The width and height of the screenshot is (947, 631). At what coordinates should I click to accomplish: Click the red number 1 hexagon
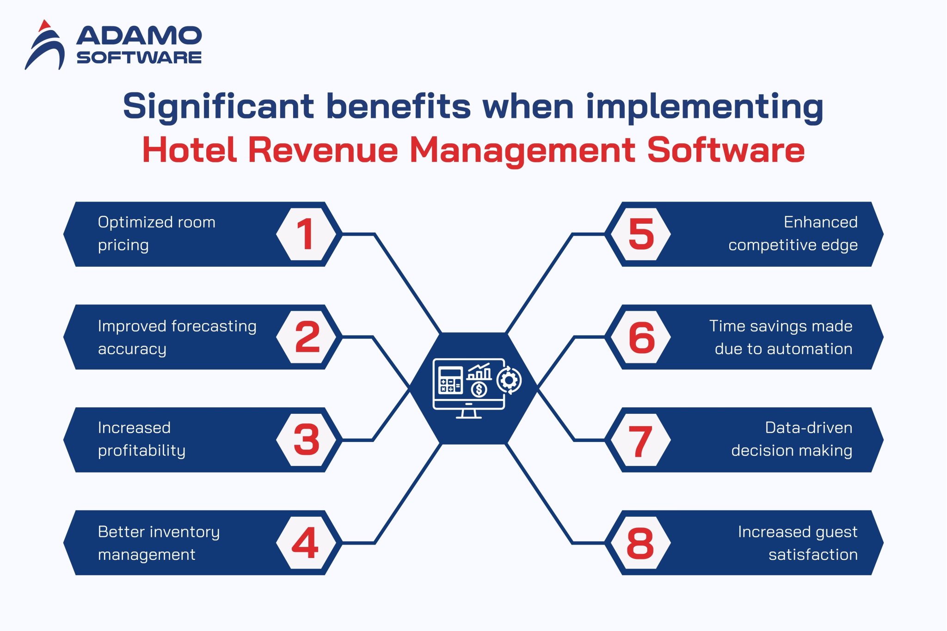pos(306,234)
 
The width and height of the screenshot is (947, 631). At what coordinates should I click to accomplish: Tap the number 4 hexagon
pos(306,543)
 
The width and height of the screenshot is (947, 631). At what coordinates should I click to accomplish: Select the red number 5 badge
pos(641,234)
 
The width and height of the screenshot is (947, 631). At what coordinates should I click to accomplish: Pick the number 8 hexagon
pos(641,543)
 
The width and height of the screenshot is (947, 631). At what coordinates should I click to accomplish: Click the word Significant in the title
pos(218,106)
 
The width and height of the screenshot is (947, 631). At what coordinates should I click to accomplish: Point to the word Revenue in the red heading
pos(323,150)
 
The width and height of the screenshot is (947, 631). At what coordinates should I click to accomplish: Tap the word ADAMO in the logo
pos(139,36)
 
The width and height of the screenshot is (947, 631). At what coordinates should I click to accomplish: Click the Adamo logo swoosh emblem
pos(45,46)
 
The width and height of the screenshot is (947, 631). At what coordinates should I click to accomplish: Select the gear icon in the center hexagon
pos(509,380)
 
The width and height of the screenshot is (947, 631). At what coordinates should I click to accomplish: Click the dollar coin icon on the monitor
pos(479,390)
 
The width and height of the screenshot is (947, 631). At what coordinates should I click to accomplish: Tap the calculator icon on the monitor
pos(450,380)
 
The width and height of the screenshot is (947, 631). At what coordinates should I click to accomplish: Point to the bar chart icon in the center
pos(479,372)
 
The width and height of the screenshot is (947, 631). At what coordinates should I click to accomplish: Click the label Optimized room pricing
pos(156,233)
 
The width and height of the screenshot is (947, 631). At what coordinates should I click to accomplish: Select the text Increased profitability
pos(141,439)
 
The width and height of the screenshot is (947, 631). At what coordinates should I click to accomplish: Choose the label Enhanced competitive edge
pos(793,233)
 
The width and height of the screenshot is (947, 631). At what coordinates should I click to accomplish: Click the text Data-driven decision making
pos(792,439)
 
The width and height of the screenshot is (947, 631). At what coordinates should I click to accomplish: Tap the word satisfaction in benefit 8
pos(813,554)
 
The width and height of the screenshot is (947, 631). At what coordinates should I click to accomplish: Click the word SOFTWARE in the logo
pos(139,58)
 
